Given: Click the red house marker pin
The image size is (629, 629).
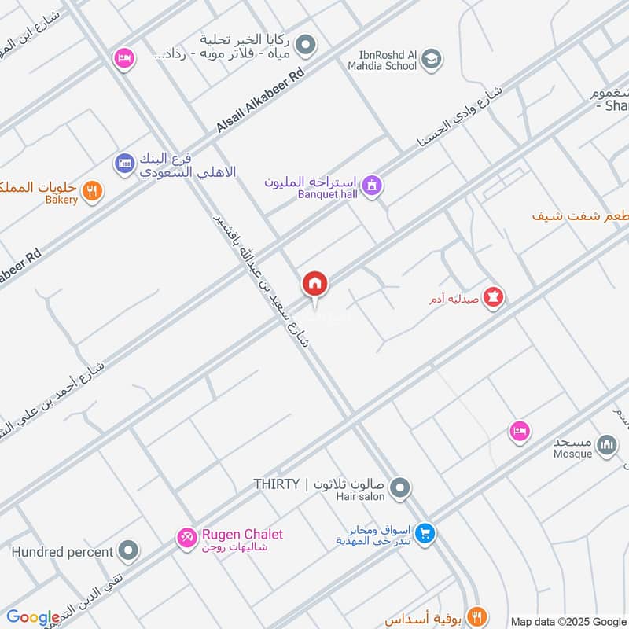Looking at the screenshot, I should point(314,284).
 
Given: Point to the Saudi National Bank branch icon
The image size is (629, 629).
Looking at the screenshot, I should point(124,164).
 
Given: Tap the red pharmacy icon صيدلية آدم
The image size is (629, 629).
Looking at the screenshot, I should point(494,298).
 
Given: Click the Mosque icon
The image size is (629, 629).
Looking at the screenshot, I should point(606,446).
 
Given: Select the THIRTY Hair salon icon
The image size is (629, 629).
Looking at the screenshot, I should point(400,489).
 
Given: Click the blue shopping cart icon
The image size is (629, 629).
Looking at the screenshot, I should point(425,533).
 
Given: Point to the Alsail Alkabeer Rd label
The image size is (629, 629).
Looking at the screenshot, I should point(260,97).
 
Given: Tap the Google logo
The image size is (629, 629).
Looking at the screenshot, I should point(32,617).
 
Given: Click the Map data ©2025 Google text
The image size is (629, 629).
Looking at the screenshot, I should point(568,622).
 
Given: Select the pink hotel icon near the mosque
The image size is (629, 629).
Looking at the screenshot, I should point(519,430).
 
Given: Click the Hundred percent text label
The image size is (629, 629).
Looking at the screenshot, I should point(62,552).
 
